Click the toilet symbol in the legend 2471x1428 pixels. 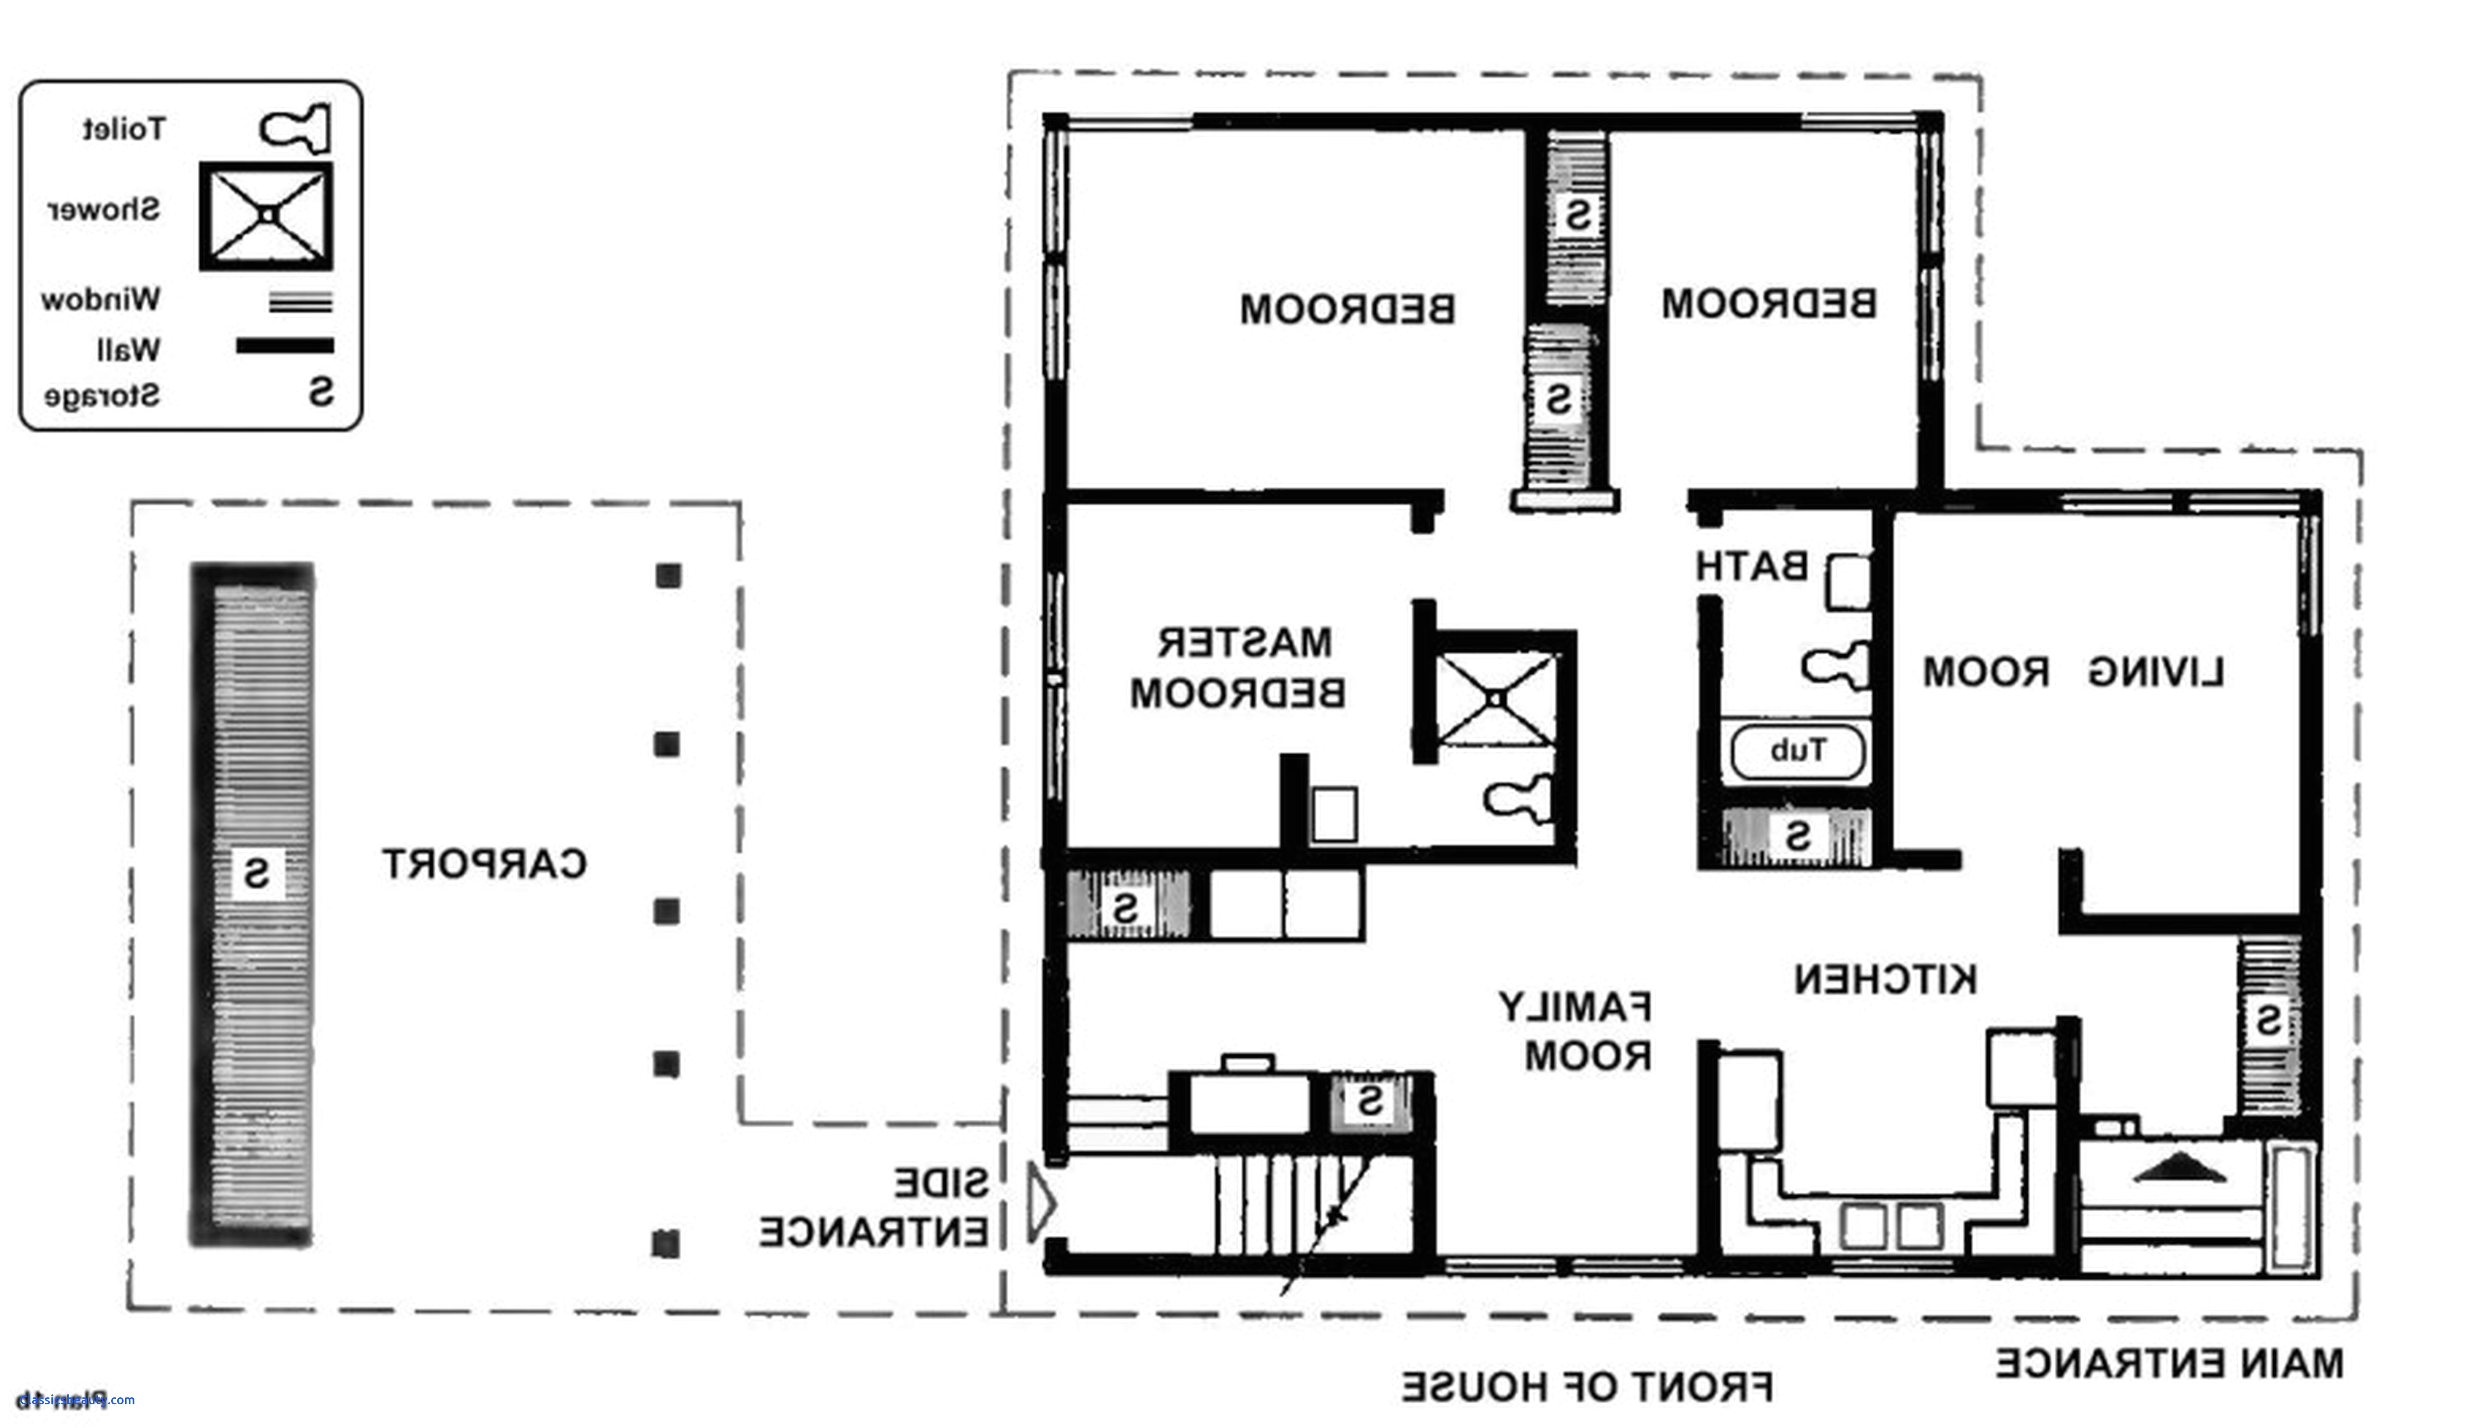click(294, 128)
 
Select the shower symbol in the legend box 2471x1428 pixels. click(266, 216)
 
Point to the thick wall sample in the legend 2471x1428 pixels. click(284, 345)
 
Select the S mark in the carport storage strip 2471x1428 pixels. click(257, 872)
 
